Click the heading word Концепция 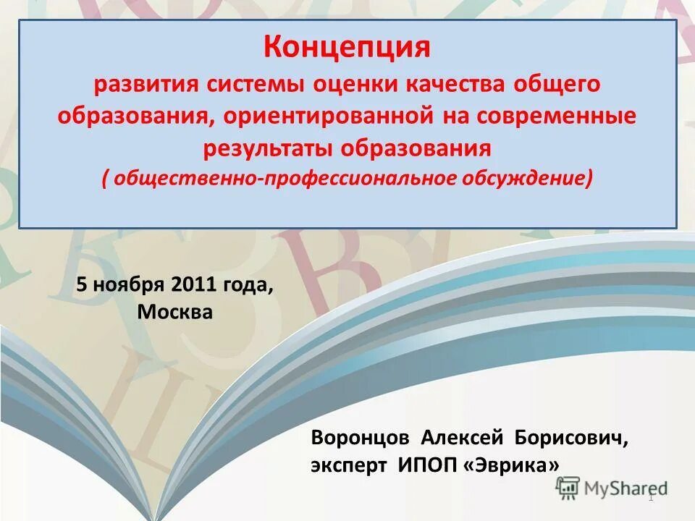(x=347, y=48)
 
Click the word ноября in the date (x=130, y=284)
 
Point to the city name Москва (x=174, y=313)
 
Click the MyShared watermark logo (x=612, y=488)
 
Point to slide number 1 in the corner (x=651, y=497)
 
